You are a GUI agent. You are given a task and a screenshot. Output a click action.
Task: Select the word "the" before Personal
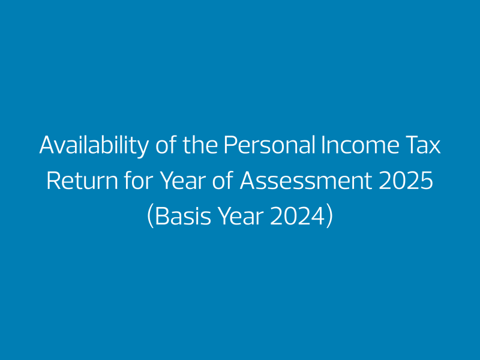coord(200,144)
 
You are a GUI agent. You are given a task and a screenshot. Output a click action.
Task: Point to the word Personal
coord(269,144)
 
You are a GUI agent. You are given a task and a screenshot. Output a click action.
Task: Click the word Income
coord(360,145)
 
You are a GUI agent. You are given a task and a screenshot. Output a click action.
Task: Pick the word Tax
coord(423,145)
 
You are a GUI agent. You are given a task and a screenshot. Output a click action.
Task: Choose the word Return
coord(82,181)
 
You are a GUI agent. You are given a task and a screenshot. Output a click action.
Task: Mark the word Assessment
coord(306,181)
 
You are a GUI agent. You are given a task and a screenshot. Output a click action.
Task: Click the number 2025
coord(406,181)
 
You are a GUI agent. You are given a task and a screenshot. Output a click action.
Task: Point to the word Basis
coord(183,217)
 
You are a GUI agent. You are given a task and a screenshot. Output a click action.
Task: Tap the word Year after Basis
coord(241,217)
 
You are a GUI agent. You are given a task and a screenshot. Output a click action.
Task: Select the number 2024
coord(297,217)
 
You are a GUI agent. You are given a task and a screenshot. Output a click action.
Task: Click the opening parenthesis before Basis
coord(150,217)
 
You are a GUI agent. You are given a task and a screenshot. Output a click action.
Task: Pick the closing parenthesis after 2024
coord(329,217)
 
